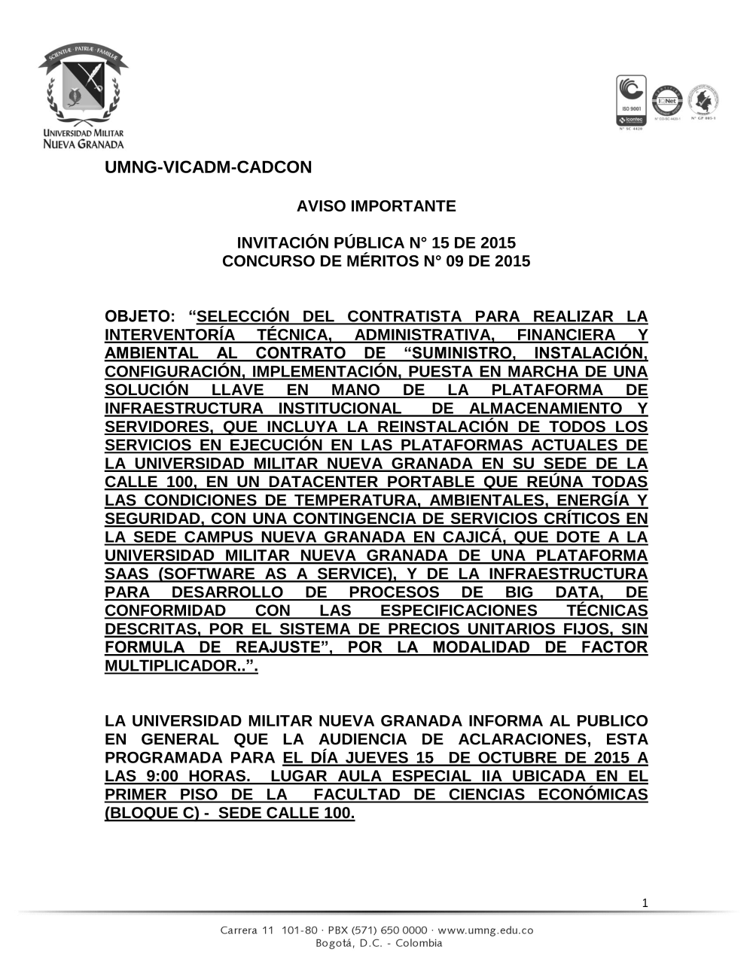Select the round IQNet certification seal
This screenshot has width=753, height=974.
click(x=666, y=100)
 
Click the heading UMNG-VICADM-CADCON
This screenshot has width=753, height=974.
click(x=208, y=168)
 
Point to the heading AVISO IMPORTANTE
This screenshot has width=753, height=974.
click(x=376, y=205)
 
